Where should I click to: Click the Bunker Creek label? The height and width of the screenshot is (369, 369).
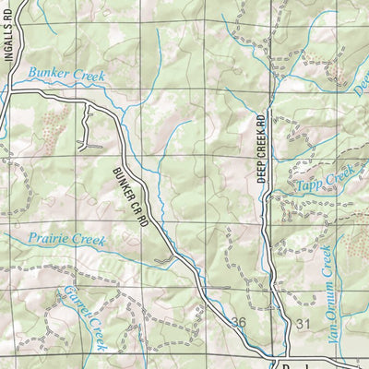(66, 74)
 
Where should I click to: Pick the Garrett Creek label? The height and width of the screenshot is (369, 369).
(86, 316)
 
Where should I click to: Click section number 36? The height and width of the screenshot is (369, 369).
(239, 322)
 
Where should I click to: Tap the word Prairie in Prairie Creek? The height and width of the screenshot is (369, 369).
(47, 241)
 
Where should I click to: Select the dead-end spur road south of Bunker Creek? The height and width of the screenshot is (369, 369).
(90, 129)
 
